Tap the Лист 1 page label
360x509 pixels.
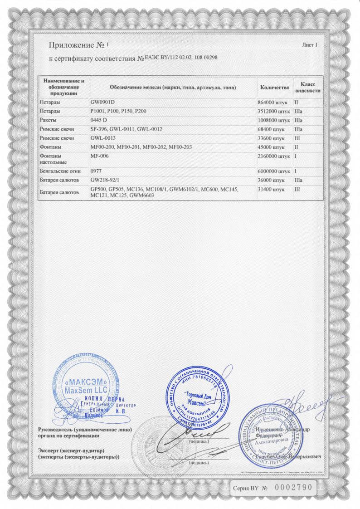point(310,44)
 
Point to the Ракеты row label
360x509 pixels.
point(49,120)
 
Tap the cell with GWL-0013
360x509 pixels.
point(103,138)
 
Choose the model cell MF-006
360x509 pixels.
point(100,156)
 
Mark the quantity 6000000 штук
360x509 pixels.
point(273,172)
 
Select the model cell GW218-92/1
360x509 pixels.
point(107,181)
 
